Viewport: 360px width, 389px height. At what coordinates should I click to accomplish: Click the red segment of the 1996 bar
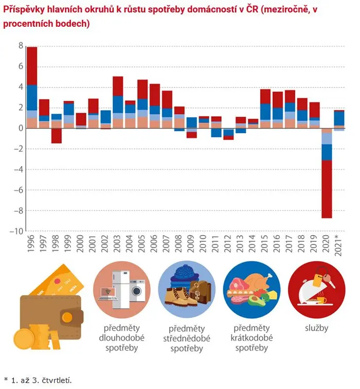coord(32,66)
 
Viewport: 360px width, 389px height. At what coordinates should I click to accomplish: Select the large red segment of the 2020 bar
coord(327,189)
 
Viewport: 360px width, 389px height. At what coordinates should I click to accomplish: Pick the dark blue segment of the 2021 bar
coord(339,118)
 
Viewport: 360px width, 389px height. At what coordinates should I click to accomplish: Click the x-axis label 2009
coord(191,243)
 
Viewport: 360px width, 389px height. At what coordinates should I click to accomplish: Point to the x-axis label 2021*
coord(338,244)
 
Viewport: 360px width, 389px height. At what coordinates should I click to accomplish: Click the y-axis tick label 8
coord(21,46)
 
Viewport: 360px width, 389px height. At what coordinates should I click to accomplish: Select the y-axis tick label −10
coord(16,231)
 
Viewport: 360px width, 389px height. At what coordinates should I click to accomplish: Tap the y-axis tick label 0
coord(21,128)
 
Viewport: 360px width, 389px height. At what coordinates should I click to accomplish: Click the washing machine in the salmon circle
coord(137,291)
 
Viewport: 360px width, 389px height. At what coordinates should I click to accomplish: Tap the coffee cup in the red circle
coord(321,300)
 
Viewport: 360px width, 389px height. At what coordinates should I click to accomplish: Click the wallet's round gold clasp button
coord(67,317)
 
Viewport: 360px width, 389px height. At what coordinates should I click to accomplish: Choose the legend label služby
coord(317,328)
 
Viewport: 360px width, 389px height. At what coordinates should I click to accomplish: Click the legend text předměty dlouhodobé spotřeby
coord(122,338)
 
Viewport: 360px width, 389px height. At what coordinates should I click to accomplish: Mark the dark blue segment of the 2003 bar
coord(118,104)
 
